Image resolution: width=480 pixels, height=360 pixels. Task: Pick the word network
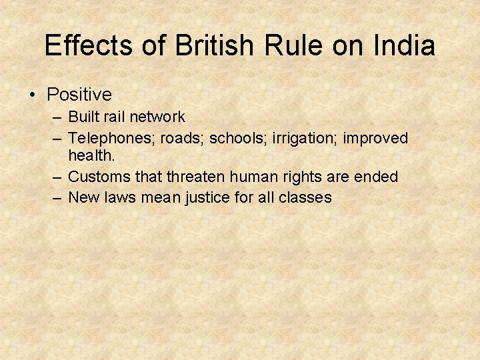157,117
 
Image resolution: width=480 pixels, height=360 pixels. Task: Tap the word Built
83,117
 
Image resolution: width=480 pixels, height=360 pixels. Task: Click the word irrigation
309,138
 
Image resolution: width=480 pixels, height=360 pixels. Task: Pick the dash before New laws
59,197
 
